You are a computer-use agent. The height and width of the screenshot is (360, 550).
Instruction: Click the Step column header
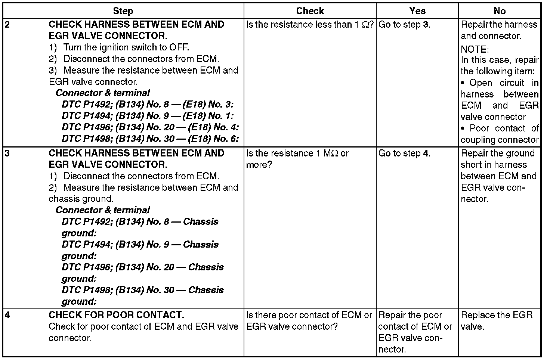click(x=123, y=11)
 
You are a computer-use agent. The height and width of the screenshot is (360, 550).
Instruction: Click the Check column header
click(x=310, y=11)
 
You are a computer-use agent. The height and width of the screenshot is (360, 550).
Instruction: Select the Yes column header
click(x=417, y=11)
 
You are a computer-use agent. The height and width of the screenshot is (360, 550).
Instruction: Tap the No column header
click(x=500, y=11)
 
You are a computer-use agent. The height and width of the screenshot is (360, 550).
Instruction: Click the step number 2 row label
click(x=7, y=25)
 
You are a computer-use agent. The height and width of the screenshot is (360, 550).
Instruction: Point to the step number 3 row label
click(x=7, y=153)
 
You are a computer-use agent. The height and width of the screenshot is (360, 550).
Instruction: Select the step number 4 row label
click(x=7, y=315)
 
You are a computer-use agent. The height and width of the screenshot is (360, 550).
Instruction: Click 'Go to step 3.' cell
click(x=404, y=25)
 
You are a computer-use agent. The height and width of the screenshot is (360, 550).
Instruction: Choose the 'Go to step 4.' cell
click(x=404, y=153)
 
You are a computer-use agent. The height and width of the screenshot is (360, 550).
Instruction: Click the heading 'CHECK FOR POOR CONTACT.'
click(x=116, y=315)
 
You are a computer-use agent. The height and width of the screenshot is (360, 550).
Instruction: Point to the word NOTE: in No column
click(x=475, y=49)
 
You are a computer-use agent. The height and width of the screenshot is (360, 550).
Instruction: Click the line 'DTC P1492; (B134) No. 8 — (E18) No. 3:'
click(x=148, y=105)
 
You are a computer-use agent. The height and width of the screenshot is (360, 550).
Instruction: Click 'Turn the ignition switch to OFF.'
click(x=126, y=47)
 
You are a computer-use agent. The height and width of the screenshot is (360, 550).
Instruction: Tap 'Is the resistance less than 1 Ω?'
click(x=310, y=25)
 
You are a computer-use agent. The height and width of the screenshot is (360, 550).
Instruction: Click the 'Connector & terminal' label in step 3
click(x=103, y=210)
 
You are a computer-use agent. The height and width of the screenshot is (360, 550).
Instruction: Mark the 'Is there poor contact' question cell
click(x=309, y=321)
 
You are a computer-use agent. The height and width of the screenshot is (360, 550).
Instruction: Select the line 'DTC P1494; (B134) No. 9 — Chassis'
click(x=140, y=245)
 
